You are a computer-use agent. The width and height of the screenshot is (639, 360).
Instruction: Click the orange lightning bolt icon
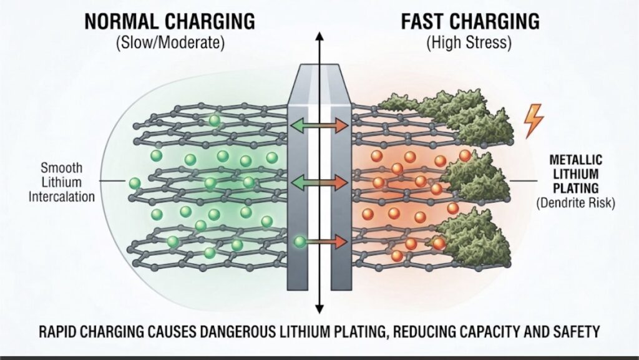[x=534, y=121]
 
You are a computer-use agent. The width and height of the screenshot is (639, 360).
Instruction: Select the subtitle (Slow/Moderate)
[x=170, y=43]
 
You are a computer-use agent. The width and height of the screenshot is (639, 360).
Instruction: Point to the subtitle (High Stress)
[x=469, y=43]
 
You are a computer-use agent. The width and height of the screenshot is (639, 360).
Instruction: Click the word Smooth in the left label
[x=62, y=168]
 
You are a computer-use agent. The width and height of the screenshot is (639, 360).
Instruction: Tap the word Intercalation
[x=62, y=197]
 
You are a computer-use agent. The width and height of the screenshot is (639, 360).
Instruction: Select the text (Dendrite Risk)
[x=575, y=203]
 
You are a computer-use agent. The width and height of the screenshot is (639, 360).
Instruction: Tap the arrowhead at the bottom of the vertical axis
[x=319, y=309]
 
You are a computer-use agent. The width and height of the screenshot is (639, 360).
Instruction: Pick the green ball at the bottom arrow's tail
[x=300, y=242]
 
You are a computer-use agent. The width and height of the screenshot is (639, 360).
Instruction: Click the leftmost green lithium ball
[x=135, y=183]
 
